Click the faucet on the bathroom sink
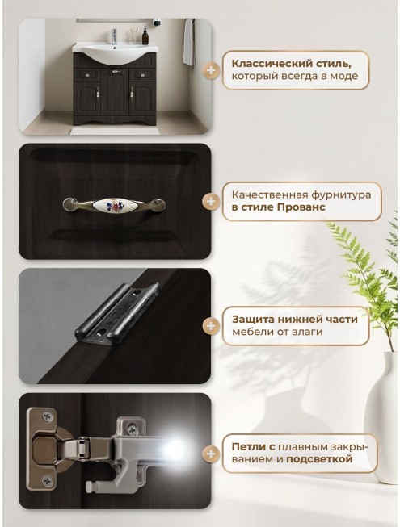114,36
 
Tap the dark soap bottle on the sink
145,36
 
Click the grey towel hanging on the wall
189,42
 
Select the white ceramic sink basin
115,53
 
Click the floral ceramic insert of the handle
114,204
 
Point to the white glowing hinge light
174,450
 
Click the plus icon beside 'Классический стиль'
211,70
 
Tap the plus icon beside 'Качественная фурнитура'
211,201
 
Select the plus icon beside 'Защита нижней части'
211,326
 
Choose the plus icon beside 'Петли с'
211,454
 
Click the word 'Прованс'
301,207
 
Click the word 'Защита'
249,320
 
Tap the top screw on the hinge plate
48,416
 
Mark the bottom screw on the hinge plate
48,480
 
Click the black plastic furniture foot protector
116,313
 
